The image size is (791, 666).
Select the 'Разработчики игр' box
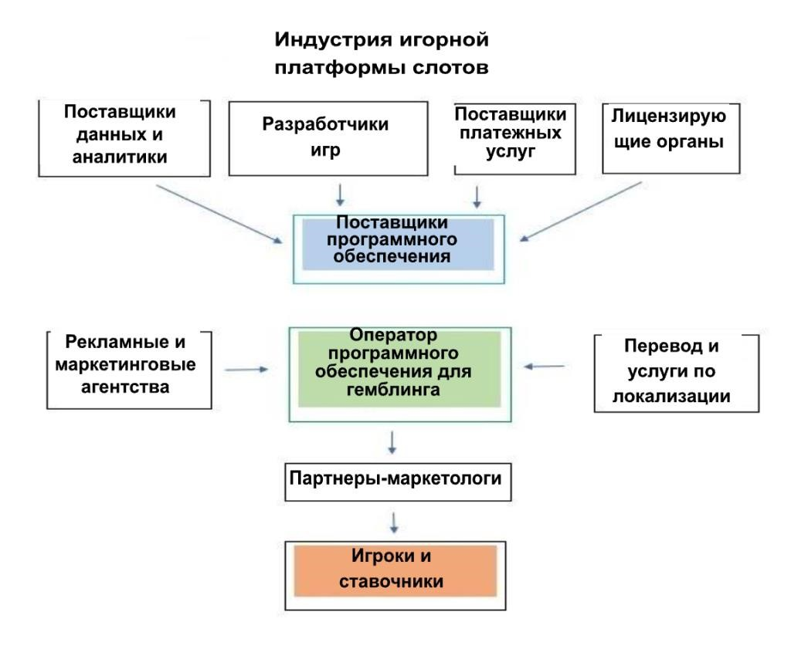328,139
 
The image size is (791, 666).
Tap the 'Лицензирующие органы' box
671,139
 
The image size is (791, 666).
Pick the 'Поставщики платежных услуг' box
514,139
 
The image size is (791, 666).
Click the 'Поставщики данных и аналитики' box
124,138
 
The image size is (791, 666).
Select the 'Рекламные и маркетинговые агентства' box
129,370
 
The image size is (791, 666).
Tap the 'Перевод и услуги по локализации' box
677,373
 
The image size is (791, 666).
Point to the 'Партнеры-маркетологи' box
398,482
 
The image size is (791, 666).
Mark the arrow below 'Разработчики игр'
340,195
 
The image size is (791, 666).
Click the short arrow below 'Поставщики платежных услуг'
477,197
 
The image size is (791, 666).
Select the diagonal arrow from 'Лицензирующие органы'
581,211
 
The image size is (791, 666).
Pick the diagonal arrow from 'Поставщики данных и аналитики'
219,215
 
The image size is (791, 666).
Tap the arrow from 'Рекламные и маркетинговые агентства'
246,370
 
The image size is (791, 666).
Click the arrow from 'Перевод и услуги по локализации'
544,367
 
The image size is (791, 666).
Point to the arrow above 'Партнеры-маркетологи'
392,443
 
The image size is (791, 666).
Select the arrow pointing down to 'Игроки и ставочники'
394,522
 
